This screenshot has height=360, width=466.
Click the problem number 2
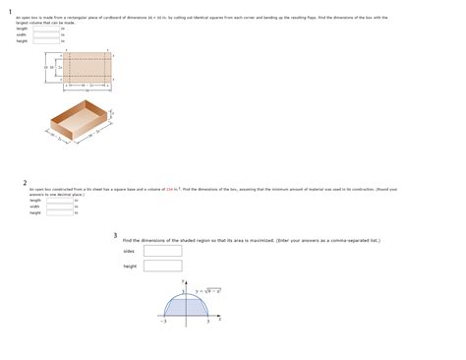coord(25,182)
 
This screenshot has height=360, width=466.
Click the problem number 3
coord(115,235)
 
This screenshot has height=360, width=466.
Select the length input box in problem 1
coord(46,29)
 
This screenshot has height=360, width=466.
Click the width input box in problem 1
coord(46,34)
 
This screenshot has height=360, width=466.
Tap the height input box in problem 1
coord(46,41)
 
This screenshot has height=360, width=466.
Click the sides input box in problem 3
coord(162,251)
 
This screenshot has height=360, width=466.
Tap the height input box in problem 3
coord(162,266)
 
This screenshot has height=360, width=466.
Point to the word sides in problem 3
coord(128,252)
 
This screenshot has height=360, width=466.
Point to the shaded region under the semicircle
coord(186,305)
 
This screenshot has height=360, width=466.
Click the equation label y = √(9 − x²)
coord(207,291)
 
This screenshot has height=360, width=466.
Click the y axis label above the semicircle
coord(183,283)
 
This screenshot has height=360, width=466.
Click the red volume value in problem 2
coord(170,188)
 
